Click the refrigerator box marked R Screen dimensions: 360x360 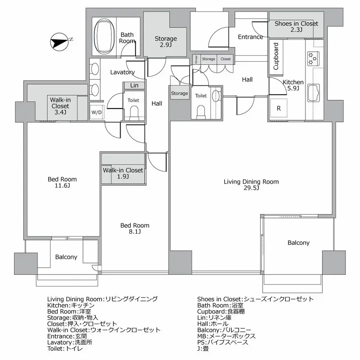(279, 109)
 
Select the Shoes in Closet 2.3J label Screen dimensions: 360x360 (296, 26)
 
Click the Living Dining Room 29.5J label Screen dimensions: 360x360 (251, 185)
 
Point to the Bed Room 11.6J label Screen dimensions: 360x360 (62, 182)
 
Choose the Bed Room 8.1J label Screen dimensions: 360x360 (135, 228)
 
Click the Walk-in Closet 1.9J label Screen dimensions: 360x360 (123, 173)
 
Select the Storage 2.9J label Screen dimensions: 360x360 (166, 42)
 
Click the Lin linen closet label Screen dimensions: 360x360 (134, 85)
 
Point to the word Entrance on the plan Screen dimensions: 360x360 (250, 37)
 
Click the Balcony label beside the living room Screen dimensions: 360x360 (298, 243)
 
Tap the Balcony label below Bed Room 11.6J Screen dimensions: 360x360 (66, 257)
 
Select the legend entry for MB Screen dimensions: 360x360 (226, 336)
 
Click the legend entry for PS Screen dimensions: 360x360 (223, 342)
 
